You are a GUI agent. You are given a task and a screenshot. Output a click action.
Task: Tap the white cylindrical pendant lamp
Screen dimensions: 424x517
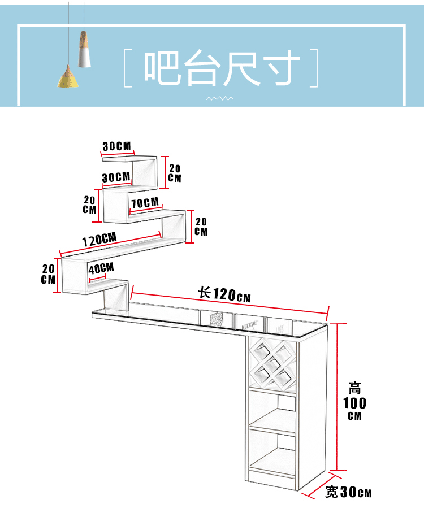click(x=84, y=49)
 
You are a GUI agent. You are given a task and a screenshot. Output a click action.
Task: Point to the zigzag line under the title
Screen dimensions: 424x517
click(x=219, y=98)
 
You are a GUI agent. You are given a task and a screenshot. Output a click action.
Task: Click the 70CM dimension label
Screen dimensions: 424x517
click(x=145, y=203)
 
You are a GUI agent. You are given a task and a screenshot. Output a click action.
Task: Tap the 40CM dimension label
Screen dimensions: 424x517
click(x=101, y=268)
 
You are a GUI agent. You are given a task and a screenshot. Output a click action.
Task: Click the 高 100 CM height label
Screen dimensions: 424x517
click(x=354, y=401)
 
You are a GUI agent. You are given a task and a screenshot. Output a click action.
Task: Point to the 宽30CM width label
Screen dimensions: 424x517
click(x=348, y=492)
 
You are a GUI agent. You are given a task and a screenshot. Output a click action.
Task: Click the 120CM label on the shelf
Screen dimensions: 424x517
click(x=99, y=240)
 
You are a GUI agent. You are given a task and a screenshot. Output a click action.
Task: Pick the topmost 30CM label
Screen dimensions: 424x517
click(x=116, y=146)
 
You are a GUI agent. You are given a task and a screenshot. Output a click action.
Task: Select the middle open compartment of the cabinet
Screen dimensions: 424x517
click(x=272, y=409)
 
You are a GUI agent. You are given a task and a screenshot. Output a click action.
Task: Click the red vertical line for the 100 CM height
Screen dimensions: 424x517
click(x=337, y=397)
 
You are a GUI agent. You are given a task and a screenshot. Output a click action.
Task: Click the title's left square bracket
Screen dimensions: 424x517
click(x=128, y=68)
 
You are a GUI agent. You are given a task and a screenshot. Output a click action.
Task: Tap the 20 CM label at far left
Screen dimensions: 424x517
click(x=48, y=274)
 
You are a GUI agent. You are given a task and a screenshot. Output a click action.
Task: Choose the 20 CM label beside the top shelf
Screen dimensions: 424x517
click(x=175, y=173)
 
